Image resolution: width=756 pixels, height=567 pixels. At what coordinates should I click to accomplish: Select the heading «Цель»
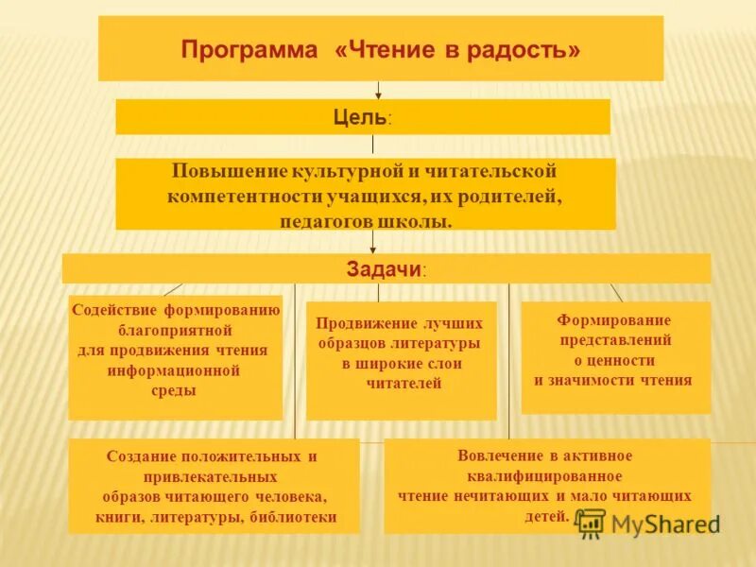360,117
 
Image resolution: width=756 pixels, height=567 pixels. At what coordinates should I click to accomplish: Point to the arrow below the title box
379,91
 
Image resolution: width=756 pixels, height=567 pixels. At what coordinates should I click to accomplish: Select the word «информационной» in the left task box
174,369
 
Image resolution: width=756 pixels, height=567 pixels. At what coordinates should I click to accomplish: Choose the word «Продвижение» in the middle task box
360,321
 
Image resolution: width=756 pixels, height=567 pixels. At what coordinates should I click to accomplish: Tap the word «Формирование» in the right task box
614,319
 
